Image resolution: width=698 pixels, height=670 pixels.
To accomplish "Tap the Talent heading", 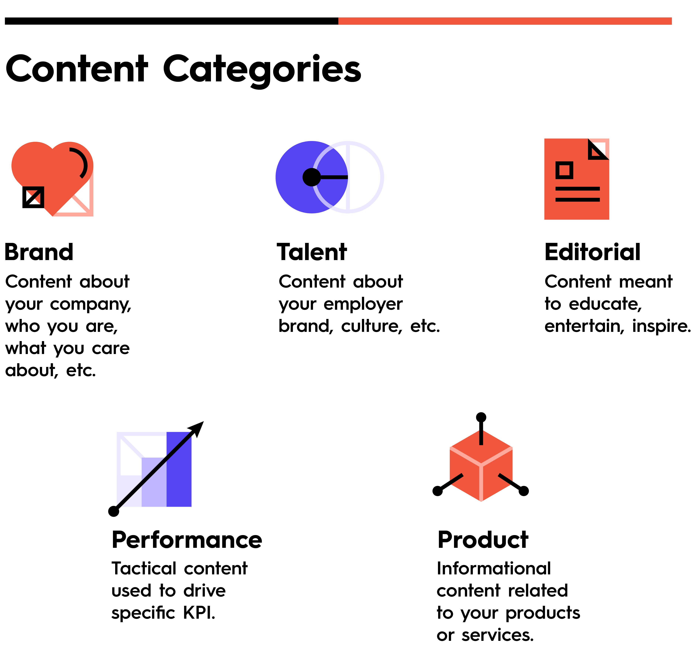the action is pyautogui.click(x=312, y=252).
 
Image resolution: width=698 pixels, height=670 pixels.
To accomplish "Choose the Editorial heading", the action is pyautogui.click(x=593, y=252).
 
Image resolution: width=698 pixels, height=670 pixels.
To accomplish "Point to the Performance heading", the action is pyautogui.click(x=187, y=540).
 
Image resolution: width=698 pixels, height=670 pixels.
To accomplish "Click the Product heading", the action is pyautogui.click(x=483, y=540).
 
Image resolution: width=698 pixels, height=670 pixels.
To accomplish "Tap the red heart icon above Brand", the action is pyautogui.click(x=52, y=178).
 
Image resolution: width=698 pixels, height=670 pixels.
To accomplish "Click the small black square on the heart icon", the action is pyautogui.click(x=33, y=197).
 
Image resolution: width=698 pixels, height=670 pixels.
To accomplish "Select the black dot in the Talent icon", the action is pyautogui.click(x=312, y=177).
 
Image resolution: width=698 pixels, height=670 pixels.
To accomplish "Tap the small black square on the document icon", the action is pyautogui.click(x=564, y=170).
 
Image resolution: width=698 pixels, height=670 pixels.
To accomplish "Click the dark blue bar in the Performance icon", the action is pyautogui.click(x=179, y=469).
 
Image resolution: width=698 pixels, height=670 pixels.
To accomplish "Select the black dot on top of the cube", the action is pyautogui.click(x=481, y=417).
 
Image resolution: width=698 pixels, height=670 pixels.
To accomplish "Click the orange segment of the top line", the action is pyautogui.click(x=505, y=21).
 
